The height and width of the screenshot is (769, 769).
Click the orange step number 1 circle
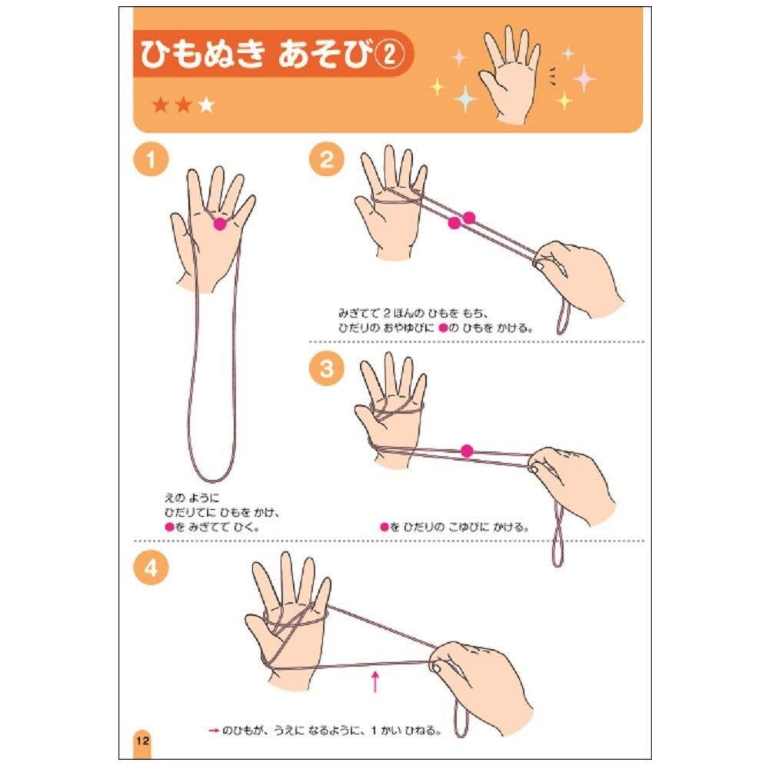[x=151, y=160]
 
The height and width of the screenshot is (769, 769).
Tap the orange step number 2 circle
[x=327, y=160]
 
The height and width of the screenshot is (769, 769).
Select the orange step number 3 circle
[x=327, y=368]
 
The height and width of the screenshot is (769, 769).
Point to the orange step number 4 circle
[x=151, y=568]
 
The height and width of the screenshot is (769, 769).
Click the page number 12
[x=142, y=740]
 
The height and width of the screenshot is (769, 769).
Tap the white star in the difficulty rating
[x=207, y=105]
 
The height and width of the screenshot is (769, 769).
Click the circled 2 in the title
[x=389, y=55]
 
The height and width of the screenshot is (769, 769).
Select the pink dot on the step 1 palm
[x=220, y=224]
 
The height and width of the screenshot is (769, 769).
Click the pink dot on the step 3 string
[x=467, y=451]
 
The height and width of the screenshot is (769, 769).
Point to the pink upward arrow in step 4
[x=375, y=681]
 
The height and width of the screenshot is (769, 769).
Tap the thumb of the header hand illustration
[x=489, y=82]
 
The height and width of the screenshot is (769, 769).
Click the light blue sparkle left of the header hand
[x=465, y=98]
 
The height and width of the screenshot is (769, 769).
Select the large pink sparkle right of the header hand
[x=584, y=78]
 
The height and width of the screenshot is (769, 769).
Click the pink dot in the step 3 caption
[x=384, y=528]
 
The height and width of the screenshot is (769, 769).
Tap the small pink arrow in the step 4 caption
[x=213, y=731]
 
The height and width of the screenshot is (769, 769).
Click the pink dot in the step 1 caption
[x=170, y=528]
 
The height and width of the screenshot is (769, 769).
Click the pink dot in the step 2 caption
[x=444, y=328]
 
